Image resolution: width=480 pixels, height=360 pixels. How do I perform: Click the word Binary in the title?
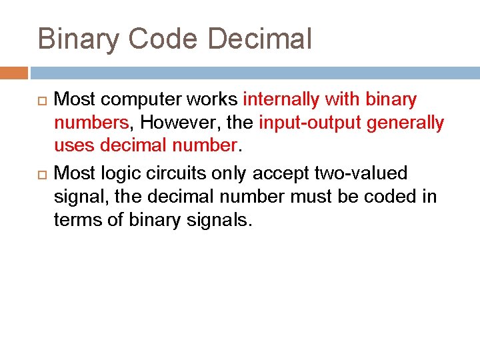coord(78,39)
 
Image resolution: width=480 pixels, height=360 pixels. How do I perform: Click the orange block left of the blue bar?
coord(13,73)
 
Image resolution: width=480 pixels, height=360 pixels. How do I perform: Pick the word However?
coord(172,123)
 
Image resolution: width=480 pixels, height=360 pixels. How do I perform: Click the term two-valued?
coord(361,173)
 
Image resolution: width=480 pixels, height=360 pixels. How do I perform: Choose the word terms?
coord(76,219)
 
